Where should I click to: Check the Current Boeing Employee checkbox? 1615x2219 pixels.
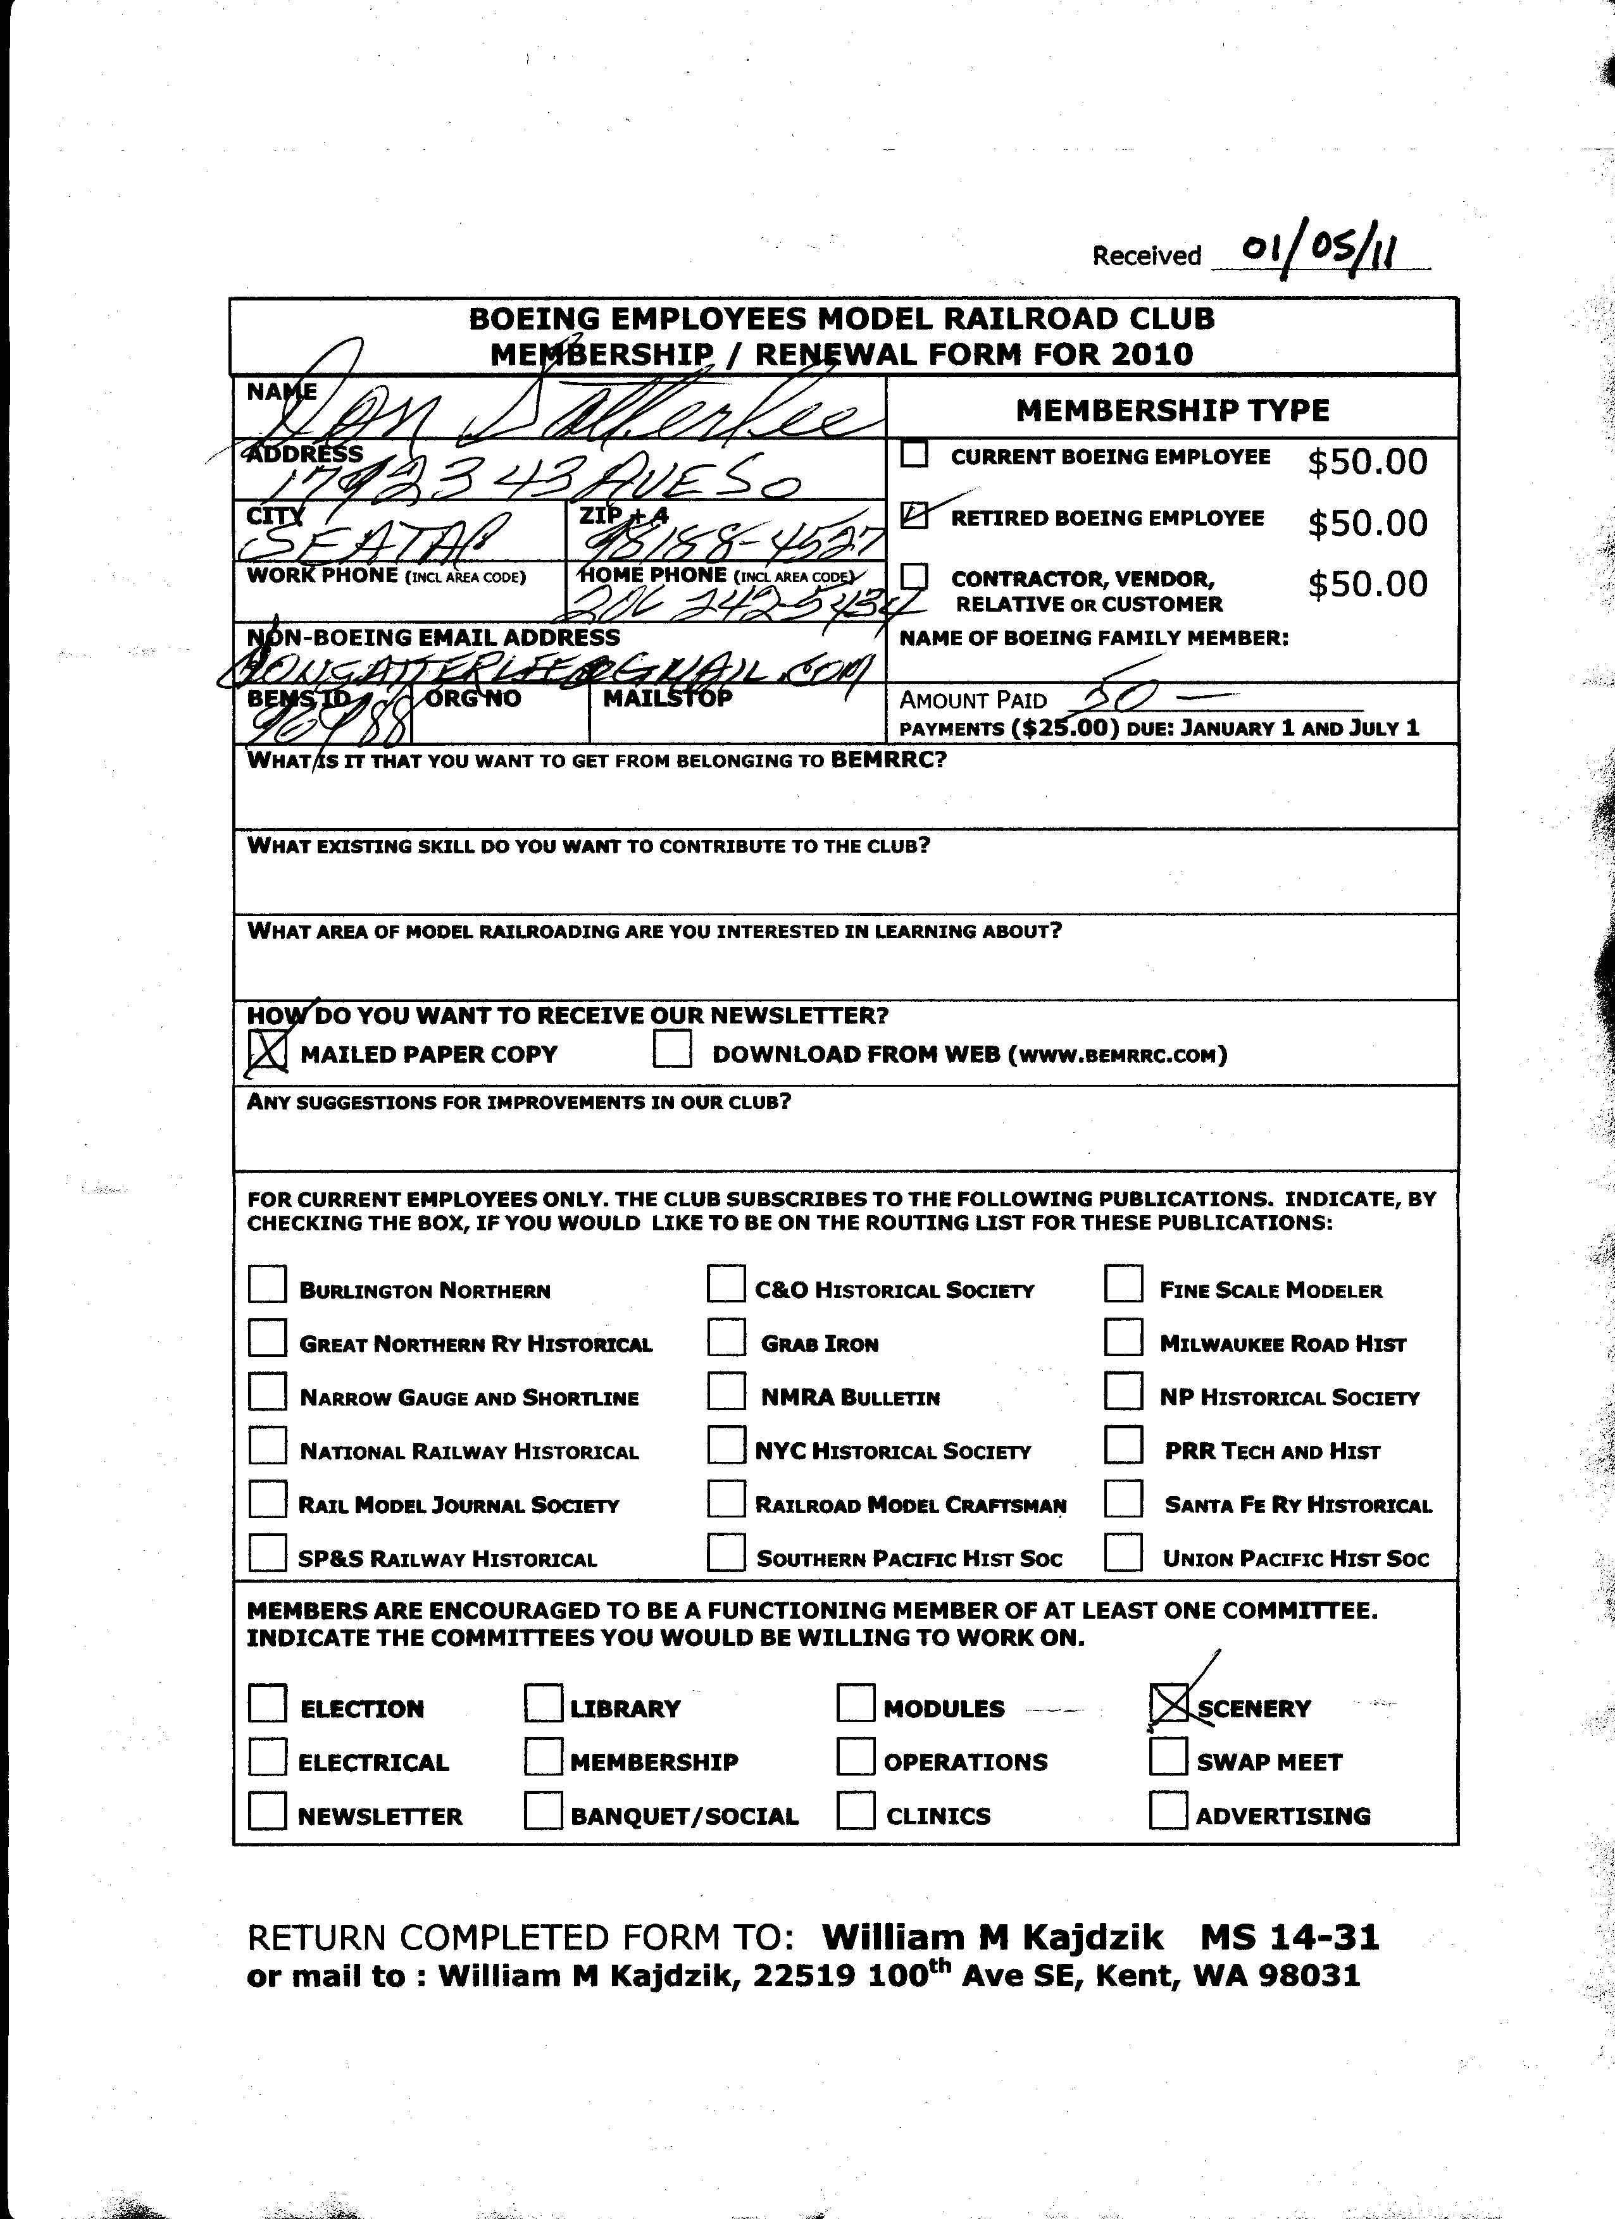point(914,454)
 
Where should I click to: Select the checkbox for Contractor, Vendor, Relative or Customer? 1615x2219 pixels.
point(914,576)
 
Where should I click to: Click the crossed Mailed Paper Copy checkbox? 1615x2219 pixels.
point(267,1052)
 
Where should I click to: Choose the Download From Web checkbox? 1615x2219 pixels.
point(673,1050)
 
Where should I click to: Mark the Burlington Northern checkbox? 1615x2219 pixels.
point(267,1285)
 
